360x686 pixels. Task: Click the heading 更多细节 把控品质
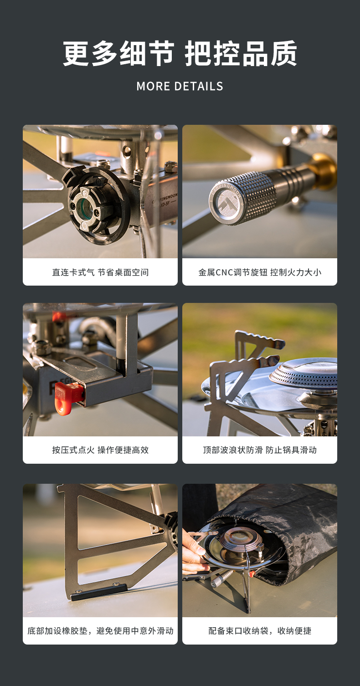coord(180,54)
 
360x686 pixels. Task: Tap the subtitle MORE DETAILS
coord(180,87)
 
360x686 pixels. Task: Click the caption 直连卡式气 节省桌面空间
coord(100,272)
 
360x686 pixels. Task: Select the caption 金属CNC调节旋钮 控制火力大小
coord(260,272)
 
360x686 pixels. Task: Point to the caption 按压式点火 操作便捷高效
coord(100,450)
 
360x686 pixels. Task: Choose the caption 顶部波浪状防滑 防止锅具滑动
coord(260,450)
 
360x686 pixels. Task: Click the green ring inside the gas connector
coord(84,207)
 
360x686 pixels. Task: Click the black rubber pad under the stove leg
coord(98,592)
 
